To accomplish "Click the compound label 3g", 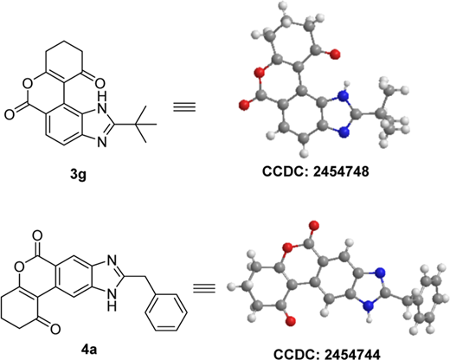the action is (x=78, y=174).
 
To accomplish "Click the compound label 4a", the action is (x=89, y=350).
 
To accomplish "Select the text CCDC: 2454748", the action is (x=316, y=171).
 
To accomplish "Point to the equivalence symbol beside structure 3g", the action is (x=184, y=107).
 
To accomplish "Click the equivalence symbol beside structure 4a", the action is (x=204, y=288).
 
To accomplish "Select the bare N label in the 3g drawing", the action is (x=102, y=142).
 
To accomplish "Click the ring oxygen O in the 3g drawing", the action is (x=28, y=84).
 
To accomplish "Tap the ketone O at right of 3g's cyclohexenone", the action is (x=99, y=84).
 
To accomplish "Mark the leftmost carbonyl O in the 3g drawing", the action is (x=9, y=114).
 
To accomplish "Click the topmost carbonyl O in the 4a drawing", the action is (x=37, y=235).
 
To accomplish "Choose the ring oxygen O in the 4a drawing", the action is (x=19, y=267).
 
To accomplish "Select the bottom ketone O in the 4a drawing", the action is (x=55, y=329).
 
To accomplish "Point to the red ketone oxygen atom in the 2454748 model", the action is (x=335, y=54).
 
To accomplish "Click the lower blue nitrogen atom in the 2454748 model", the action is (x=344, y=132).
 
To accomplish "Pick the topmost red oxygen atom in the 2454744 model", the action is (x=314, y=225).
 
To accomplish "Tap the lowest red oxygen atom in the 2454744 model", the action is (x=291, y=320).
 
